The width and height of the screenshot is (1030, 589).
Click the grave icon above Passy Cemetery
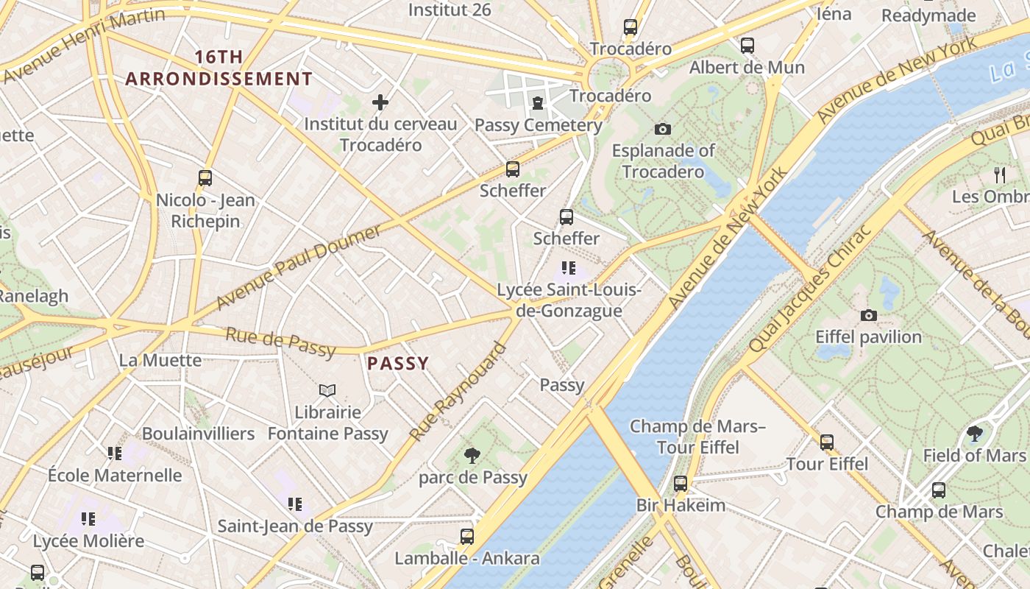coord(538,103)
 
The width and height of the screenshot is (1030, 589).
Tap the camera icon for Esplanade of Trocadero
coord(662,130)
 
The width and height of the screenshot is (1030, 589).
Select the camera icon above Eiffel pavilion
coord(868,315)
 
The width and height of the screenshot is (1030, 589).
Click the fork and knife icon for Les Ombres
coord(999,175)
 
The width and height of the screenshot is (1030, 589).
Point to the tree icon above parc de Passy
coord(472,456)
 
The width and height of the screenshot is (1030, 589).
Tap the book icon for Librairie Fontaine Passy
coord(327,390)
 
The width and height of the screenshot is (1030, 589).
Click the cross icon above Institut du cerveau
coord(380,102)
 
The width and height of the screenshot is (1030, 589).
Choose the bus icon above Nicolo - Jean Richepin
coord(205,178)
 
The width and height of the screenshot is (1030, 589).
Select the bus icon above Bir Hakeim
coord(681,484)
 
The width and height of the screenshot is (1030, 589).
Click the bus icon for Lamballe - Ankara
coord(466,536)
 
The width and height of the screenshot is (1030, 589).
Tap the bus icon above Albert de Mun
coord(747,46)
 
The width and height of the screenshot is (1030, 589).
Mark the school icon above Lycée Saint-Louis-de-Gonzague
coord(568,268)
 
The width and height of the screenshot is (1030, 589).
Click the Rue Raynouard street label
coord(459,392)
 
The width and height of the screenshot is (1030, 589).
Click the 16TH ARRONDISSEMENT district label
coord(219,68)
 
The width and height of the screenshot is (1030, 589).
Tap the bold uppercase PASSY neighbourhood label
coord(397,363)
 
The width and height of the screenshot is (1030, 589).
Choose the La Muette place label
coord(160,360)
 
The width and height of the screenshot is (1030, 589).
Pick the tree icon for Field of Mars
coord(975,434)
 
